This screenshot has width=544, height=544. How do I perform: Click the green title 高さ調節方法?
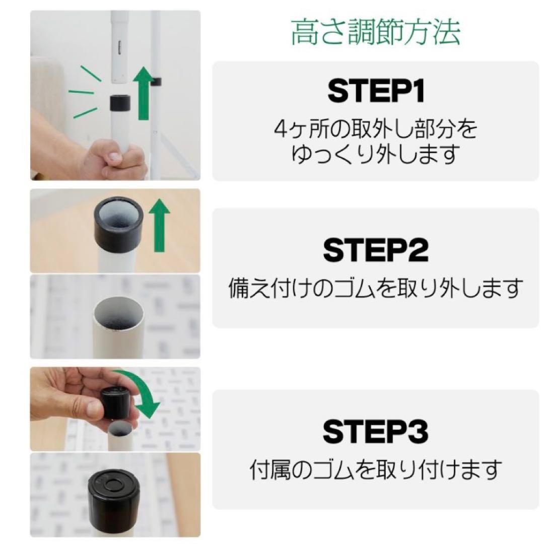(375, 33)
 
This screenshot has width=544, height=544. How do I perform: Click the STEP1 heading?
(376, 92)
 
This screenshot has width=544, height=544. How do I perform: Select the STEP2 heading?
(376, 250)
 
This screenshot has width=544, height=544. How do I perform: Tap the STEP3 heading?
(376, 432)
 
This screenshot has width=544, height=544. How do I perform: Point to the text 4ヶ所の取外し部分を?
(375, 130)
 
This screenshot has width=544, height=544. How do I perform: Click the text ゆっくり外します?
(375, 154)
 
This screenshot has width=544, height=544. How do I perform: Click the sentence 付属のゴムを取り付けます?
(376, 470)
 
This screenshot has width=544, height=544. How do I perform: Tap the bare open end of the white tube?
(118, 314)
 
